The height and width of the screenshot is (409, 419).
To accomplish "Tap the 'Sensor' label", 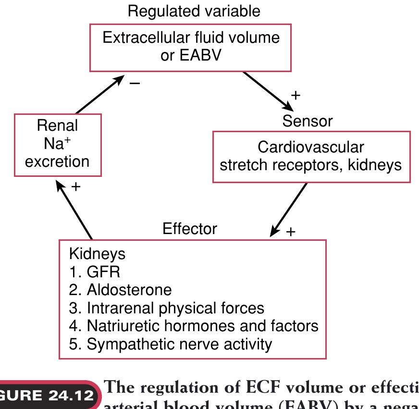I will tap(307, 121).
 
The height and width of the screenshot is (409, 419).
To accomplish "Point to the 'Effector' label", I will tap(190, 228).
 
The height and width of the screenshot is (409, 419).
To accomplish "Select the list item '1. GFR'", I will tap(95, 272).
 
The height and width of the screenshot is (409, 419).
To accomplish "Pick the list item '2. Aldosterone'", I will tap(120, 290).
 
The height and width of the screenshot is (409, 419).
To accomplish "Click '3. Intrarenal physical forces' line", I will tap(167, 308).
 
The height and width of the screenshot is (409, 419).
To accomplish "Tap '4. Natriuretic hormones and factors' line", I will tap(194, 326).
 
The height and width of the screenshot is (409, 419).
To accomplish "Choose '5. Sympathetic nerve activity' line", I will tap(171, 344).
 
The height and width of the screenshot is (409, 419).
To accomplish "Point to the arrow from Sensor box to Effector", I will tap(289, 209).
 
